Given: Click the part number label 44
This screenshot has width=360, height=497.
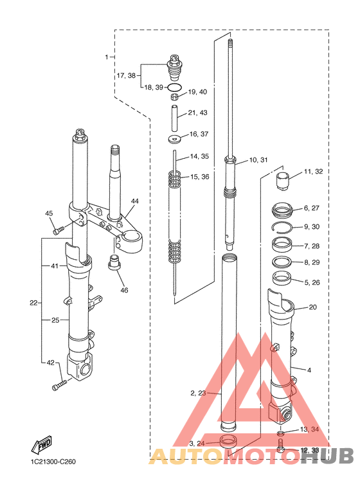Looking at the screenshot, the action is click(135, 201).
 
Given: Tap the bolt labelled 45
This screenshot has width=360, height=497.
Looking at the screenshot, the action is click(59, 230).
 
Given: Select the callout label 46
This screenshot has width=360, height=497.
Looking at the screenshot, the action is click(124, 290).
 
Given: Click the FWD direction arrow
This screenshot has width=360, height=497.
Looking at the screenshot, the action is click(41, 444).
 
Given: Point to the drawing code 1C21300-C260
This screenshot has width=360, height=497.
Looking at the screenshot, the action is click(53, 462).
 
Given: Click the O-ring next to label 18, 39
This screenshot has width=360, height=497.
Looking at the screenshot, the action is click(175, 87).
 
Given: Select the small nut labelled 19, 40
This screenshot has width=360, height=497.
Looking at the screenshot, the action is click(175, 96).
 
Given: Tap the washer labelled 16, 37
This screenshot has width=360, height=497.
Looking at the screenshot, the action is click(174, 138).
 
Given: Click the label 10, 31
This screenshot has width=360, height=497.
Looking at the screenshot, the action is click(258, 159).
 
